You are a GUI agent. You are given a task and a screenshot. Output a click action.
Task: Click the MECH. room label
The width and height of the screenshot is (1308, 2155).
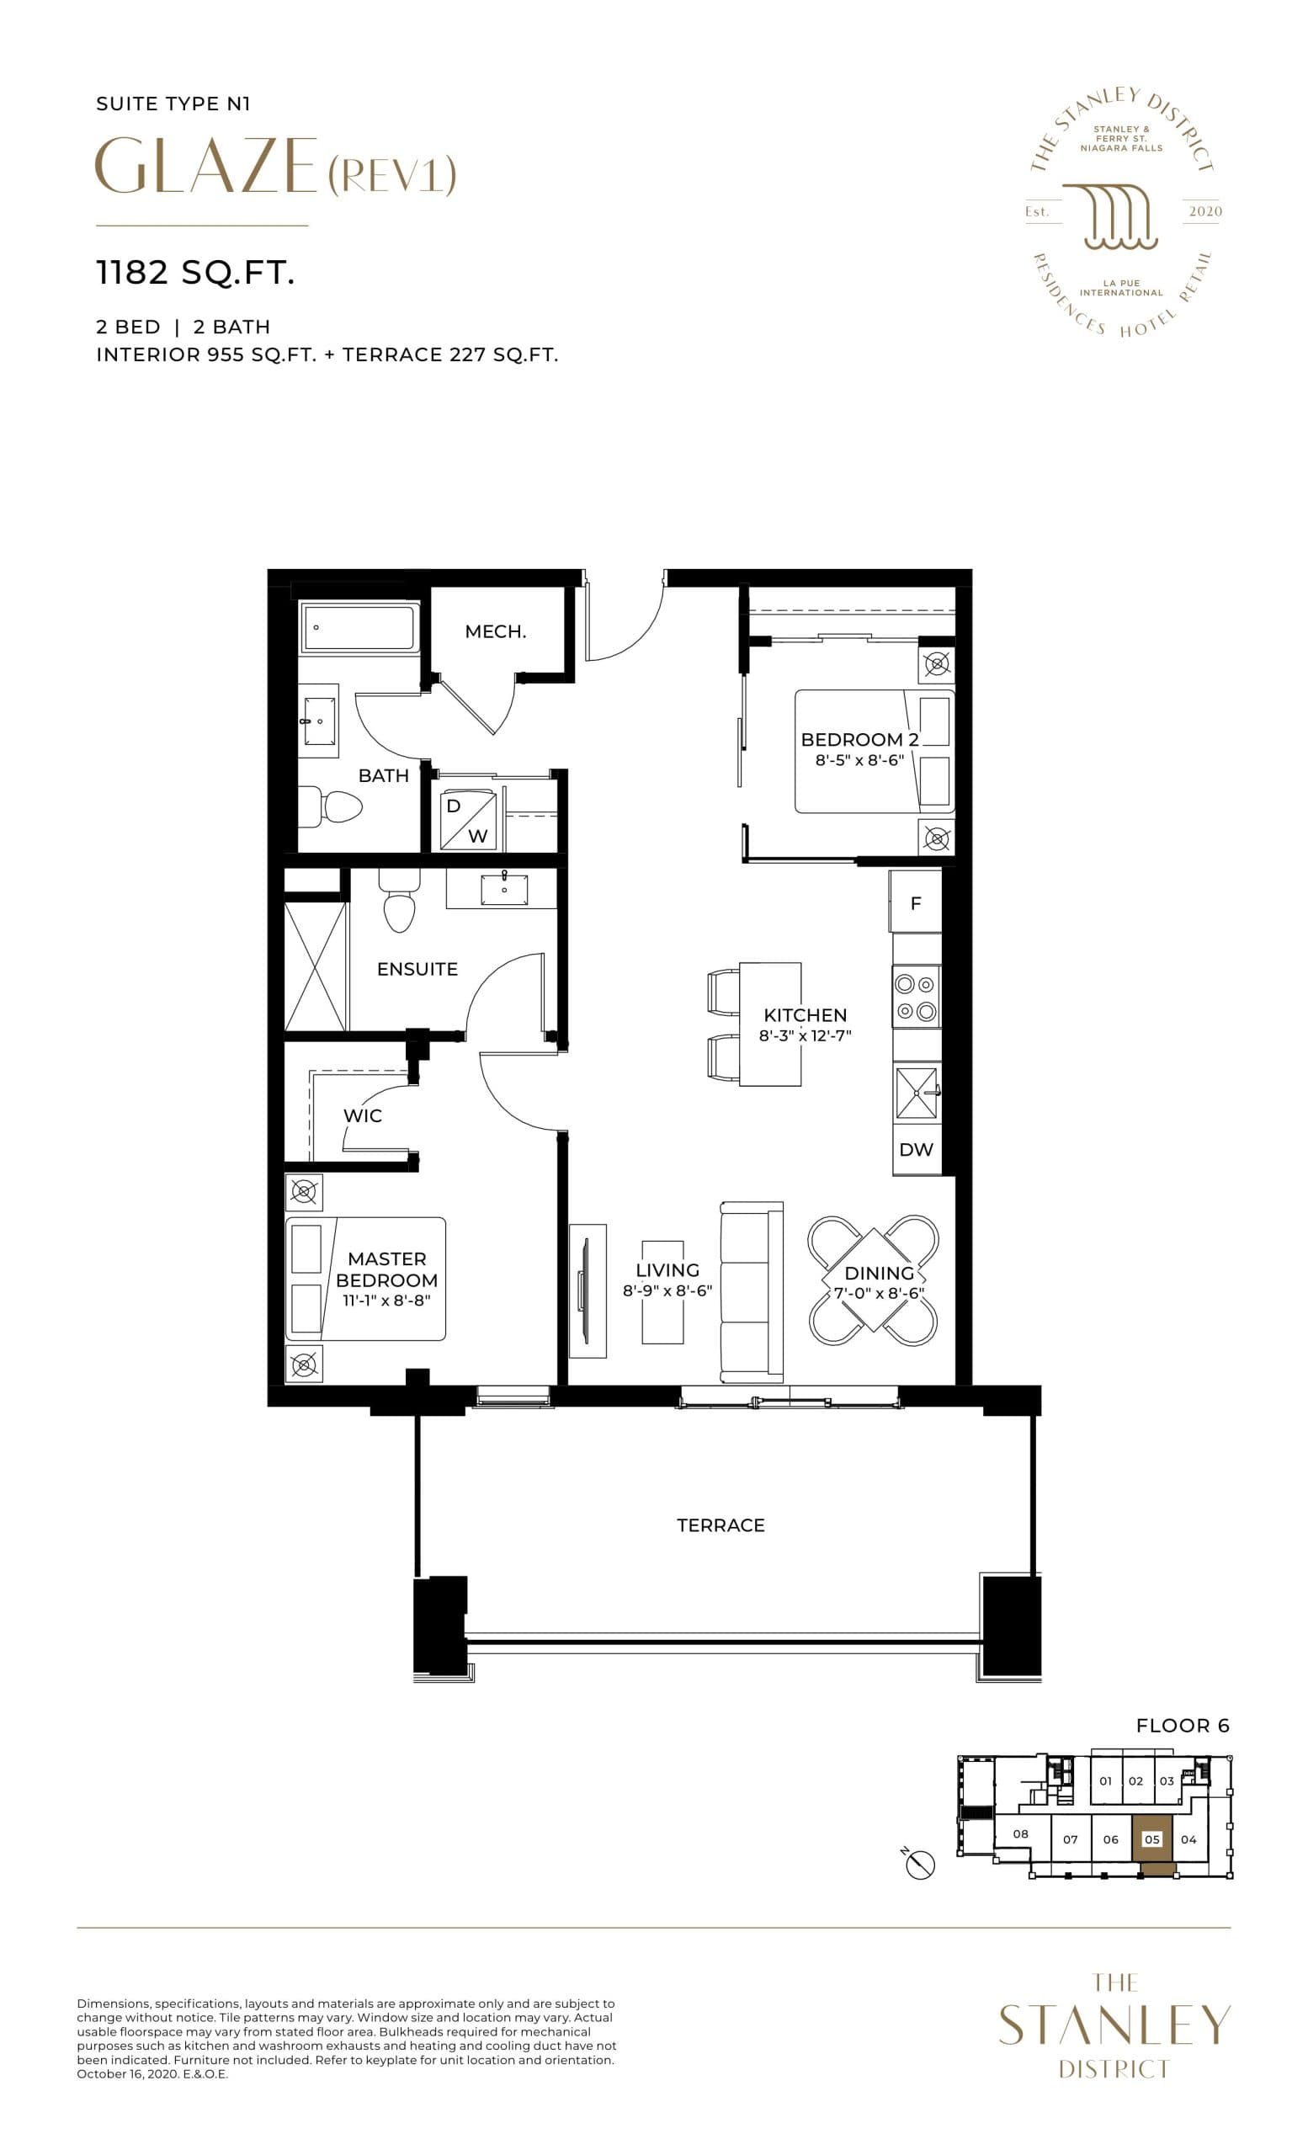pos(495,631)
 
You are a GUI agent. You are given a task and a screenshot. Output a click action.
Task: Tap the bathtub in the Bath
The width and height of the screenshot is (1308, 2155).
pos(359,627)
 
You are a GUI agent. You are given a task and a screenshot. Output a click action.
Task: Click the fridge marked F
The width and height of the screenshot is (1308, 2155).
pos(916,902)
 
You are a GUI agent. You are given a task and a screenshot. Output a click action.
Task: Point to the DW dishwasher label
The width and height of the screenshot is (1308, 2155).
pos(916,1150)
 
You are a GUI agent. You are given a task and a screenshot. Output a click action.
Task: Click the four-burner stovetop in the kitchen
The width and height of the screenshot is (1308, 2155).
pos(916,997)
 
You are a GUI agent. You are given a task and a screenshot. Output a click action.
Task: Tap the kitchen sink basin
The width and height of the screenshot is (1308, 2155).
pos(916,1093)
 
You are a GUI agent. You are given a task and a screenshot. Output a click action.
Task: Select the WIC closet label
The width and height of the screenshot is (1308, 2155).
pos(362,1116)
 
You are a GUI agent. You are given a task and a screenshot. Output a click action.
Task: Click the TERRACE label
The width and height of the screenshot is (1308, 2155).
pos(720,1525)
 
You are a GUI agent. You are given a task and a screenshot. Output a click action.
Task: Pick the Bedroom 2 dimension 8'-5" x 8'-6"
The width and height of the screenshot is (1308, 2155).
pos(859,761)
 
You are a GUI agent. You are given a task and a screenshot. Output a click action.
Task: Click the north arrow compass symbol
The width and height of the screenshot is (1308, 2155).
pos(921,1866)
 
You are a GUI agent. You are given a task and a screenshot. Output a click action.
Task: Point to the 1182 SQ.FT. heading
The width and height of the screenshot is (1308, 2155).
pos(195,273)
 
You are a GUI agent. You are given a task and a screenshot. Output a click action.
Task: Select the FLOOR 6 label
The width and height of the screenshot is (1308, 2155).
pos(1182,1726)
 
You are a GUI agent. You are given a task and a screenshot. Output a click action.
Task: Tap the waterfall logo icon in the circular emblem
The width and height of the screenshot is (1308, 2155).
pos(1121,216)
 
